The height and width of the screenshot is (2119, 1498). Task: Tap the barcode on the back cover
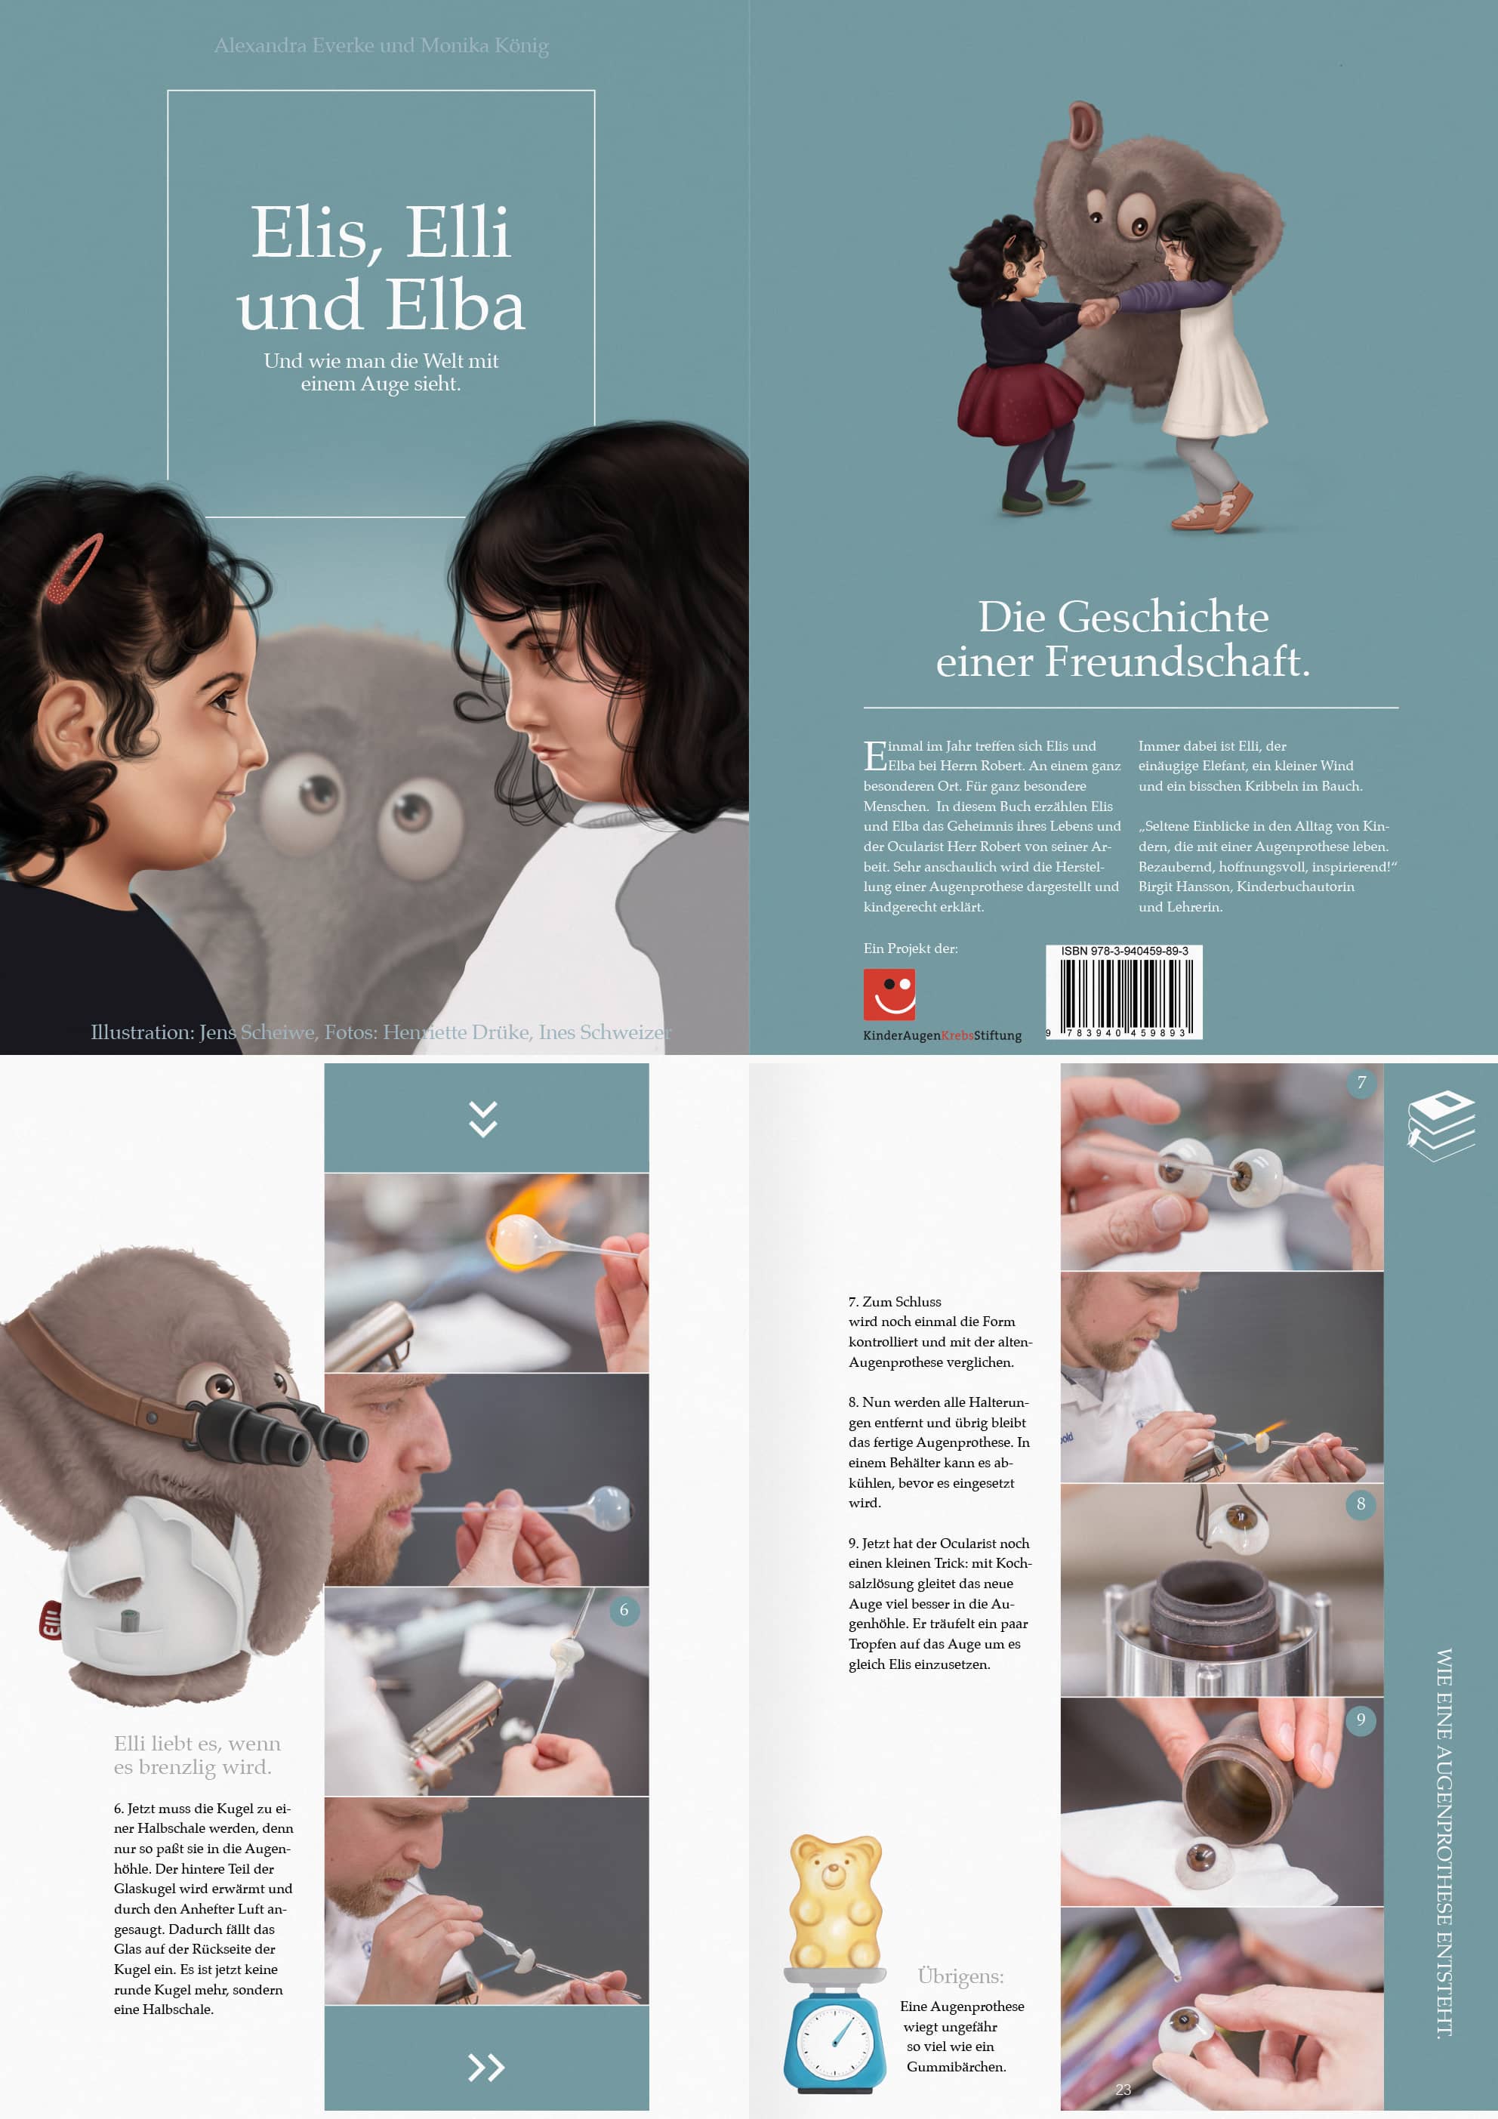coord(1123,997)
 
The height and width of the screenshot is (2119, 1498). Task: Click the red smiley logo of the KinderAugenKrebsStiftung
coord(889,994)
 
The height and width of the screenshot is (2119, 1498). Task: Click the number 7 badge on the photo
coord(1361,1083)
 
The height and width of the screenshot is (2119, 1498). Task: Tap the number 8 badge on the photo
coord(1361,1504)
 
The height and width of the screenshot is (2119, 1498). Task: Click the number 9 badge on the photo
coord(1361,1720)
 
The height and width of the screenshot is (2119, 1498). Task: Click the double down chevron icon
coord(484,1118)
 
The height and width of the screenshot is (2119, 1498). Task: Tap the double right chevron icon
coord(485,2068)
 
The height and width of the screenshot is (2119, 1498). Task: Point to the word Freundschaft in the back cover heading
coord(1177,662)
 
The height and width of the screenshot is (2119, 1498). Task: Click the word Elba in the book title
coord(454,306)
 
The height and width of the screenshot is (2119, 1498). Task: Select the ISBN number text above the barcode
coord(1124,951)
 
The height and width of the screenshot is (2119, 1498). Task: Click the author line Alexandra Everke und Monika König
coord(381,45)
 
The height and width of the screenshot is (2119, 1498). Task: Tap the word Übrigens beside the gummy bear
coord(961,1976)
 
